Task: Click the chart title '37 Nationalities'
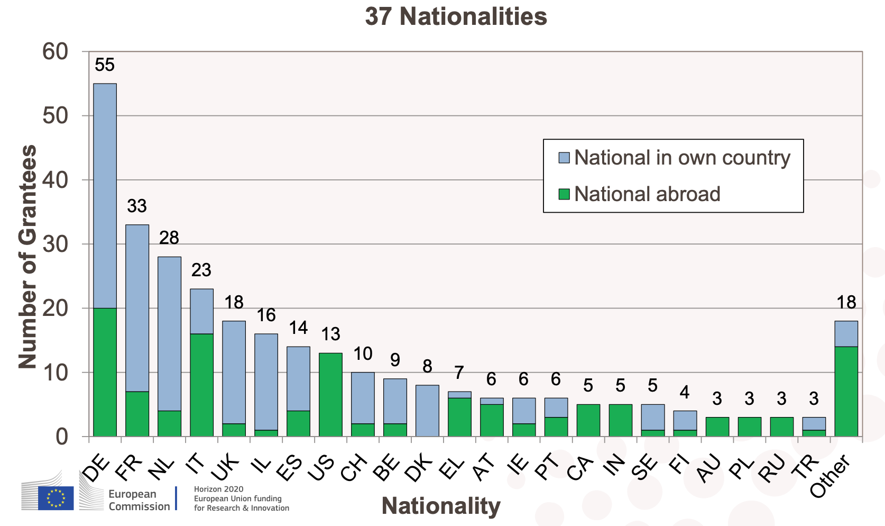[x=456, y=16]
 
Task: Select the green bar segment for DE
[x=105, y=372]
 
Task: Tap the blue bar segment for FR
[x=137, y=308]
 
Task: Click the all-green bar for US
[x=330, y=395]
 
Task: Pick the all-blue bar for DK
[x=427, y=411]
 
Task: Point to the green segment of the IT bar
[x=201, y=385]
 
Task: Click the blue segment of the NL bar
[x=169, y=333]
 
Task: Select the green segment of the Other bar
[x=846, y=392]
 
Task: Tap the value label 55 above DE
[x=105, y=65]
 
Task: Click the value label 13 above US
[x=330, y=334]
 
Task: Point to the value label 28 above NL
[x=169, y=238]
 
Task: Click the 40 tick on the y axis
[x=56, y=180]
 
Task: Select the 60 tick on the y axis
[x=56, y=52]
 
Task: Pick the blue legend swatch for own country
[x=564, y=158]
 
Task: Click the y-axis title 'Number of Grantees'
[x=27, y=257]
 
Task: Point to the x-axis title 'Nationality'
[x=441, y=506]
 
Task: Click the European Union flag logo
[x=56, y=498]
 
